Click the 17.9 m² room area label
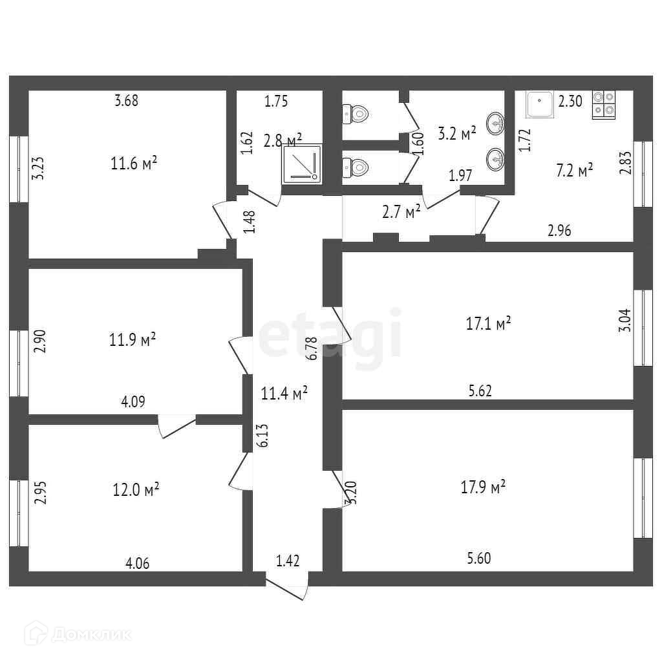click(483, 487)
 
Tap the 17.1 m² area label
click(489, 323)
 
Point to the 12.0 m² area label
click(136, 489)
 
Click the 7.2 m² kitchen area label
click(575, 171)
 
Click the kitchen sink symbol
click(539, 104)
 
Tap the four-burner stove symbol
click(604, 104)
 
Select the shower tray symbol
click(301, 162)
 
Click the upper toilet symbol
click(356, 115)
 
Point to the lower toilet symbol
click(356, 168)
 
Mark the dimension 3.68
click(126, 100)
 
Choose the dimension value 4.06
click(137, 563)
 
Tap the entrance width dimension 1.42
click(288, 561)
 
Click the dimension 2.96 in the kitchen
click(559, 230)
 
